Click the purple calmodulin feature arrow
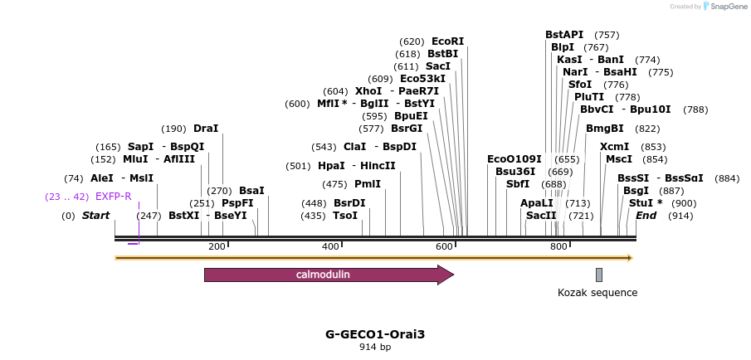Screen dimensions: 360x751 coord(328,275)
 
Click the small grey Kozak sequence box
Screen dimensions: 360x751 coord(599,275)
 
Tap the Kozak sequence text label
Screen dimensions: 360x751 coord(597,292)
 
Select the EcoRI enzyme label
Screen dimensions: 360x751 coord(447,41)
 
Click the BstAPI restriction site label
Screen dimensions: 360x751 coord(564,35)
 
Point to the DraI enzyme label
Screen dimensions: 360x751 coord(206,129)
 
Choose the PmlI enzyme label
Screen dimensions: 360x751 coord(368,184)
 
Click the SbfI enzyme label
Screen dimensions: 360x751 coord(518,184)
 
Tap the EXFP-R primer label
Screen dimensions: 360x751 coord(114,197)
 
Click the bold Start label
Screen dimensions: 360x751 coord(95,216)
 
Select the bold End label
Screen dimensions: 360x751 coord(646,216)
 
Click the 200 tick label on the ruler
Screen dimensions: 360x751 coord(217,246)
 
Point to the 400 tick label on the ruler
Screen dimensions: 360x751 coord(330,246)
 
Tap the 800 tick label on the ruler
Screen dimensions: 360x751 coord(557,246)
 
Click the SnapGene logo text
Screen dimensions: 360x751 coord(728,7)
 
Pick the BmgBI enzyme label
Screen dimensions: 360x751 coord(605,129)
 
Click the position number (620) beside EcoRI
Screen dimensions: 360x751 coord(412,41)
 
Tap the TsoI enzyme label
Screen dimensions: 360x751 coord(345,216)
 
